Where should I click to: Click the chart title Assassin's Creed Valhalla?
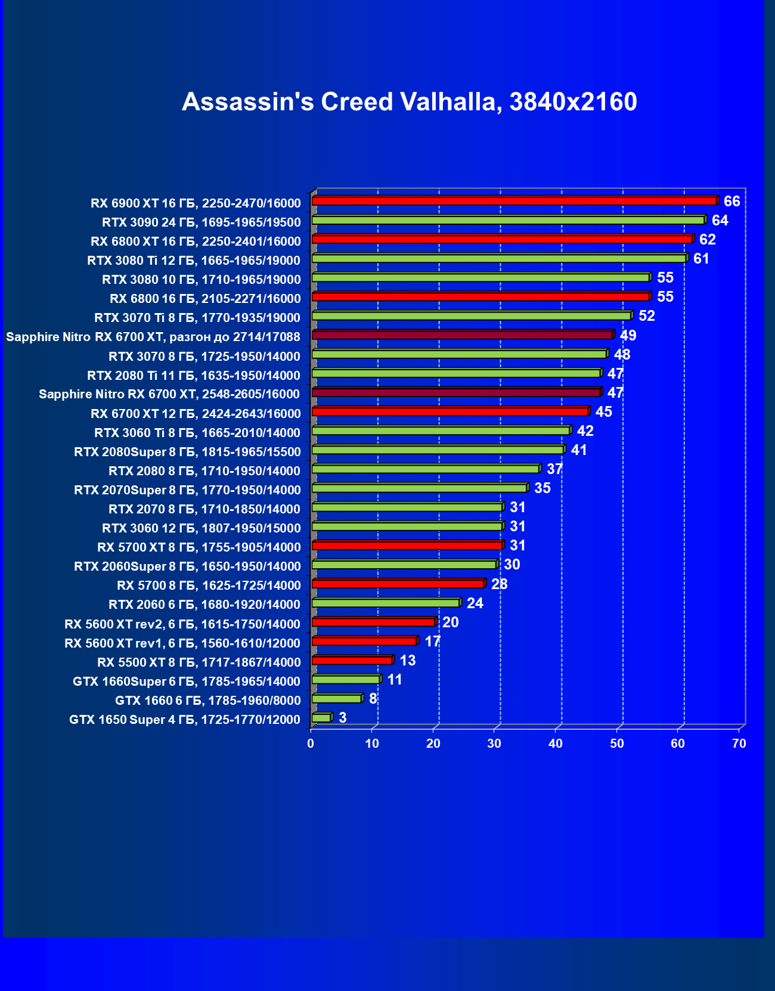point(410,102)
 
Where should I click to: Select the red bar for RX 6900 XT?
point(514,201)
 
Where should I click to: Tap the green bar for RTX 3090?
point(508,220)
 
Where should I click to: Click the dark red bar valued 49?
point(462,335)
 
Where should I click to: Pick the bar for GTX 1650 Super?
point(321,717)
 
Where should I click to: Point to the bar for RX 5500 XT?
point(352,660)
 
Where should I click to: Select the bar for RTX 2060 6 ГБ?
point(386,603)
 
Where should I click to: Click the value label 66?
point(731,202)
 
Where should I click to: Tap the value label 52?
point(646,316)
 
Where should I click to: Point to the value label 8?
point(373,698)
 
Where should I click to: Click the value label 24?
point(475,603)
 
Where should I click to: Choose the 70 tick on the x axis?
point(739,744)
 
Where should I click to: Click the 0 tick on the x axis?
point(311,744)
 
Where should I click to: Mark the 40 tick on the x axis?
point(556,744)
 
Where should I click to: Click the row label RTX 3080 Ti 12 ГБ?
point(194,261)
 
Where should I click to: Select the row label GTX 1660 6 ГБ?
point(207,700)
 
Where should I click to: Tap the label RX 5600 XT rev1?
point(182,643)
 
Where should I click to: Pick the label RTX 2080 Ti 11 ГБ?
point(194,375)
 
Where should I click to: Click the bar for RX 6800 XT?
point(502,239)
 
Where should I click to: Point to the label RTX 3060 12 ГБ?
point(201,528)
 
